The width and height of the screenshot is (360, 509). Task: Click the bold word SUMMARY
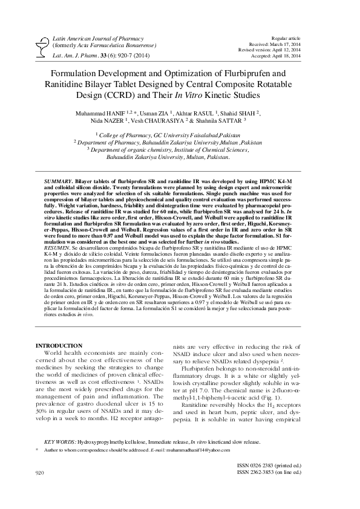click(x=59, y=181)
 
